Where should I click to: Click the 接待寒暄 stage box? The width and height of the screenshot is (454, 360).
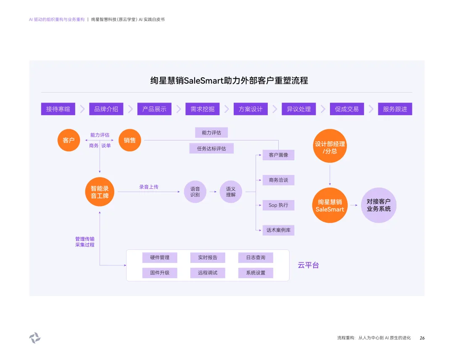pyautogui.click(x=58, y=109)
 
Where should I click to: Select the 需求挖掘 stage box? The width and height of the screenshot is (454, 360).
pyautogui.click(x=202, y=109)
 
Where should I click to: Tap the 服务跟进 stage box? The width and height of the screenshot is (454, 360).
pyautogui.click(x=395, y=109)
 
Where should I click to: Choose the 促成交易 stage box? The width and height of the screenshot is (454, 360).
pyautogui.click(x=347, y=109)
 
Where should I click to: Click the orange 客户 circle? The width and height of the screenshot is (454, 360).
pyautogui.click(x=69, y=140)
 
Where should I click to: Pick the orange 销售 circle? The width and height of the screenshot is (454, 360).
pyautogui.click(x=130, y=140)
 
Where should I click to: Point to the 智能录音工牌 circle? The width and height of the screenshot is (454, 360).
pyautogui.click(x=100, y=192)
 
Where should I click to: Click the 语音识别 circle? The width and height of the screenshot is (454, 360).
pyautogui.click(x=195, y=192)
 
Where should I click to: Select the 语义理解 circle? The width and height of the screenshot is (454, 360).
pyautogui.click(x=231, y=192)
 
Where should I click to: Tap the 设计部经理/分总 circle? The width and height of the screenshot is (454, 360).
pyautogui.click(x=330, y=146)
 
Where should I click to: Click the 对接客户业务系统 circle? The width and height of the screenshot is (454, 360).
pyautogui.click(x=378, y=205)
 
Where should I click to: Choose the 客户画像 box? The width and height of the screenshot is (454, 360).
pyautogui.click(x=278, y=155)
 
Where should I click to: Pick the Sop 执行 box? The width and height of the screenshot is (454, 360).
pyautogui.click(x=278, y=205)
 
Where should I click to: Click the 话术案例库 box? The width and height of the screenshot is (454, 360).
pyautogui.click(x=278, y=230)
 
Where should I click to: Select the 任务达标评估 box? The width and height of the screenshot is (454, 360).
pyautogui.click(x=211, y=148)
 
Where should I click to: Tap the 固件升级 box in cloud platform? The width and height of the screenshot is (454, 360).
pyautogui.click(x=160, y=273)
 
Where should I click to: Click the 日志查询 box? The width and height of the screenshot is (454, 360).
pyautogui.click(x=256, y=257)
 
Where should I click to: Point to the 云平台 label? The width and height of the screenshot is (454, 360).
pyautogui.click(x=308, y=265)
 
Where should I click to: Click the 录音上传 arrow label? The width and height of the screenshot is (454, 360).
pyautogui.click(x=149, y=187)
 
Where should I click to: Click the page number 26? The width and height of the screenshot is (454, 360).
pyautogui.click(x=422, y=338)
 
